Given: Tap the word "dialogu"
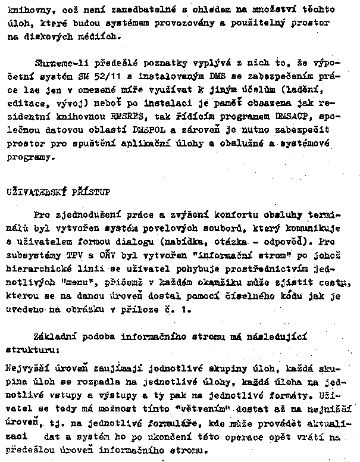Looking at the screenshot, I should tap(160, 242).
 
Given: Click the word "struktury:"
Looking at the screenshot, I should tap(28, 349).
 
